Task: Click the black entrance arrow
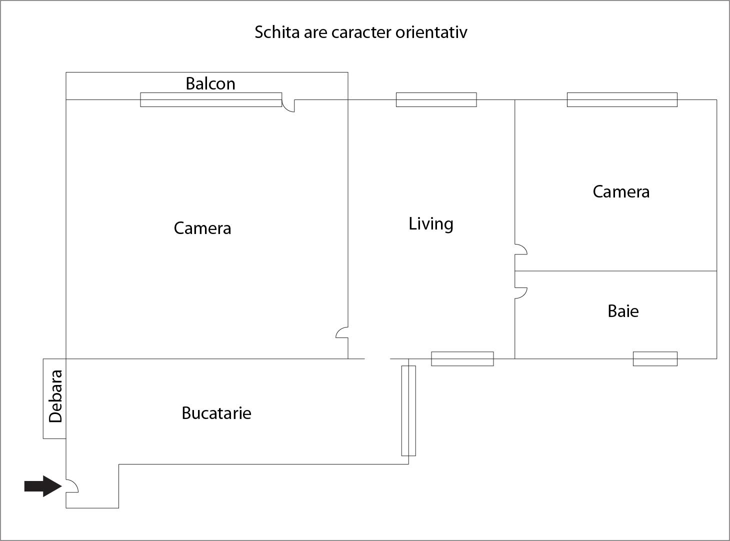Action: [43, 486]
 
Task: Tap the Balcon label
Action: [210, 83]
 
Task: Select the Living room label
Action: [431, 224]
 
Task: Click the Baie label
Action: [623, 311]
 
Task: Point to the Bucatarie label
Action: [216, 413]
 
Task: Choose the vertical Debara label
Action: [55, 396]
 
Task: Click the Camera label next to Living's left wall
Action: [202, 228]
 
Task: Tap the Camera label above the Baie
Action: [621, 191]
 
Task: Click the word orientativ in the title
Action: [431, 32]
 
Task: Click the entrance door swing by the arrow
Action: [72, 486]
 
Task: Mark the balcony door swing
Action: [288, 105]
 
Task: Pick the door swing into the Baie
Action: [521, 293]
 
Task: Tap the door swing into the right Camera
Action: [521, 249]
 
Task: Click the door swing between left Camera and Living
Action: [342, 332]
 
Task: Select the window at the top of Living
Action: [436, 100]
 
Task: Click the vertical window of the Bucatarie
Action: [408, 410]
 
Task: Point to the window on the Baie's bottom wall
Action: [655, 358]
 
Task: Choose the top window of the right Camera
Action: [622, 100]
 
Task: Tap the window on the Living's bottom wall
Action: [462, 358]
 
